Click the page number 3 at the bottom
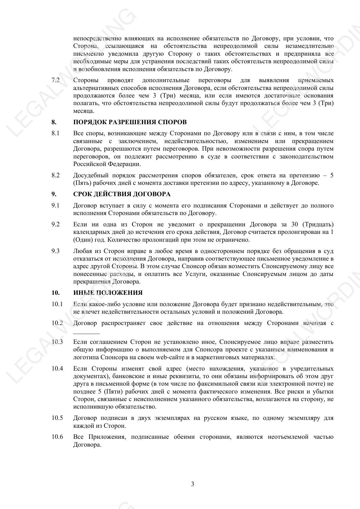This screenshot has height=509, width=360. coord(193,484)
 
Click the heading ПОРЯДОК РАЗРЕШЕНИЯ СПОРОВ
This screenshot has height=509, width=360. coord(130,122)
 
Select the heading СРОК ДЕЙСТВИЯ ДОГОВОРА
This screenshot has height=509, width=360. coord(122,194)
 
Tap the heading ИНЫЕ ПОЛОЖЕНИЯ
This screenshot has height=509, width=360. coord(108,293)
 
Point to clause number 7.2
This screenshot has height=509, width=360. coord(55,80)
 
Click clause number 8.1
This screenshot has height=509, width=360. coord(55,133)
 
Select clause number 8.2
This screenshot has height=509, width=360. coord(55,175)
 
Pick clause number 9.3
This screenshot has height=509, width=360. coord(55,251)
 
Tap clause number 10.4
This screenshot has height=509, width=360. coord(57,369)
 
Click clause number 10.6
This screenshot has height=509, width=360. coord(57,437)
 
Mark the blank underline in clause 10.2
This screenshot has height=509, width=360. coord(86,333)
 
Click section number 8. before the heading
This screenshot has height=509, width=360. coord(54,122)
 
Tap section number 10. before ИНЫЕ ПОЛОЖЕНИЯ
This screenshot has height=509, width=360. coord(55,293)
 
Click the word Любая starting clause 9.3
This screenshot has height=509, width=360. coord(82,251)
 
